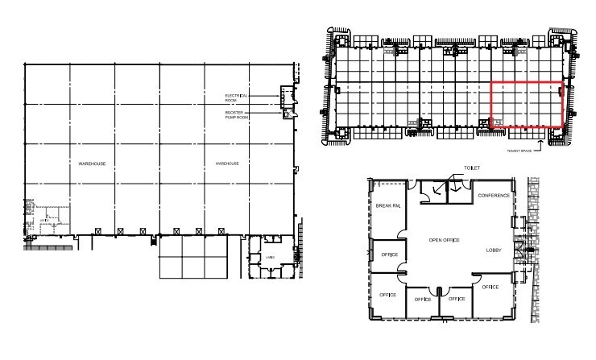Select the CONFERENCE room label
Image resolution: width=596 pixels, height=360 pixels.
(x=493, y=196)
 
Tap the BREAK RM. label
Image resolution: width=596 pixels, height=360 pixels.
(x=387, y=206)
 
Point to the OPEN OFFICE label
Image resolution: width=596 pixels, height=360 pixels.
(x=446, y=240)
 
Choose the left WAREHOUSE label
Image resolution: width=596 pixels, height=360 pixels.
(x=93, y=163)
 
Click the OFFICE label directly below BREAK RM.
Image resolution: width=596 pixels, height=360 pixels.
(x=387, y=255)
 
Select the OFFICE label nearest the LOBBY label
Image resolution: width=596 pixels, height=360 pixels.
(x=490, y=287)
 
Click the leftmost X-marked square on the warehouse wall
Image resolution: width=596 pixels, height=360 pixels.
(x=97, y=231)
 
